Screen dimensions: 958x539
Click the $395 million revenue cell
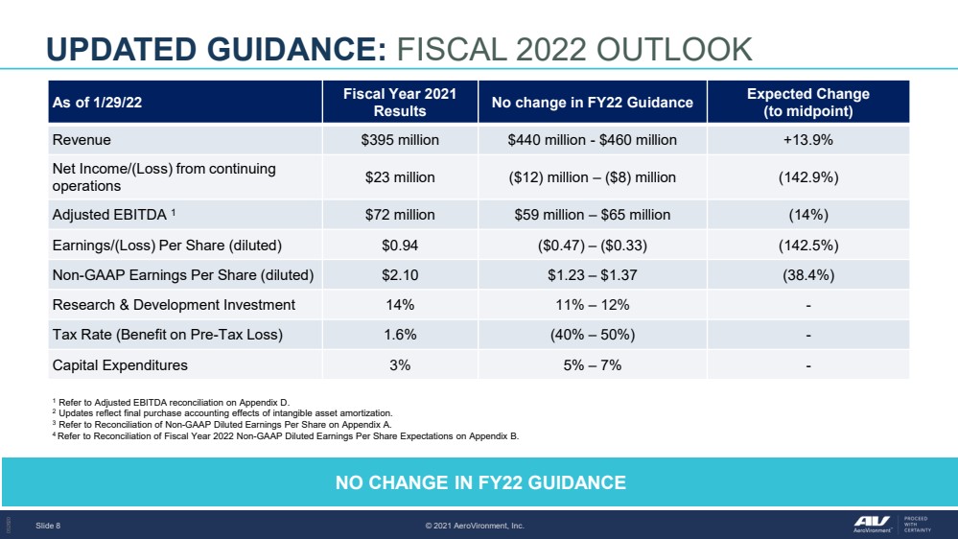[x=400, y=140]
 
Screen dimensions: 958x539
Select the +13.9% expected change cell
[x=807, y=140]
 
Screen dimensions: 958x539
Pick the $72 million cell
[x=400, y=215]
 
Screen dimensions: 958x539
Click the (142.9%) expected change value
[x=807, y=177]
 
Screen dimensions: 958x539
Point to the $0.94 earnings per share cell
[x=400, y=246]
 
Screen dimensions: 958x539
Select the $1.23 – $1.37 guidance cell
[x=592, y=275]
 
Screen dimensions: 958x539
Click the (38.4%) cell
[x=807, y=275]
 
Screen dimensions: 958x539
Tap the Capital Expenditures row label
[x=120, y=364]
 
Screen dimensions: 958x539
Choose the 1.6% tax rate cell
[x=400, y=335]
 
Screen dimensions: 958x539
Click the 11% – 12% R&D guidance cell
[x=592, y=305]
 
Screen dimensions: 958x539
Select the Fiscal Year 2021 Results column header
[x=400, y=102]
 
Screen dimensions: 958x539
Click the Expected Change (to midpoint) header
[x=807, y=102]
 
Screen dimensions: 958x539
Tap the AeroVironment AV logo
[x=872, y=524]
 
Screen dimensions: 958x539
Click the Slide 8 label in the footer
[x=48, y=526]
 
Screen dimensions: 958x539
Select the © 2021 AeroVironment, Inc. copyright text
[x=475, y=526]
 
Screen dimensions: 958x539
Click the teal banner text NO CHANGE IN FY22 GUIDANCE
[x=480, y=482]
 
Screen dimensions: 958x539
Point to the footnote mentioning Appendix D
[x=171, y=402]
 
